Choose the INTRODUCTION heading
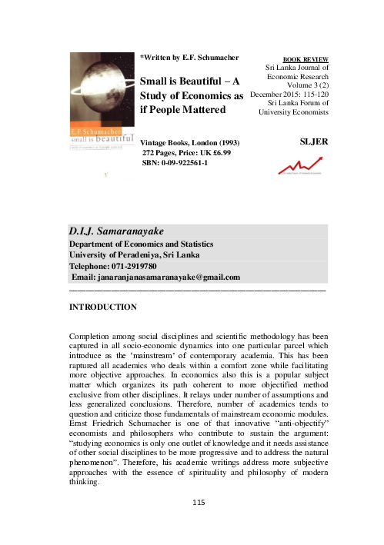coord(103,307)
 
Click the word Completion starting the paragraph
coord(95,337)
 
